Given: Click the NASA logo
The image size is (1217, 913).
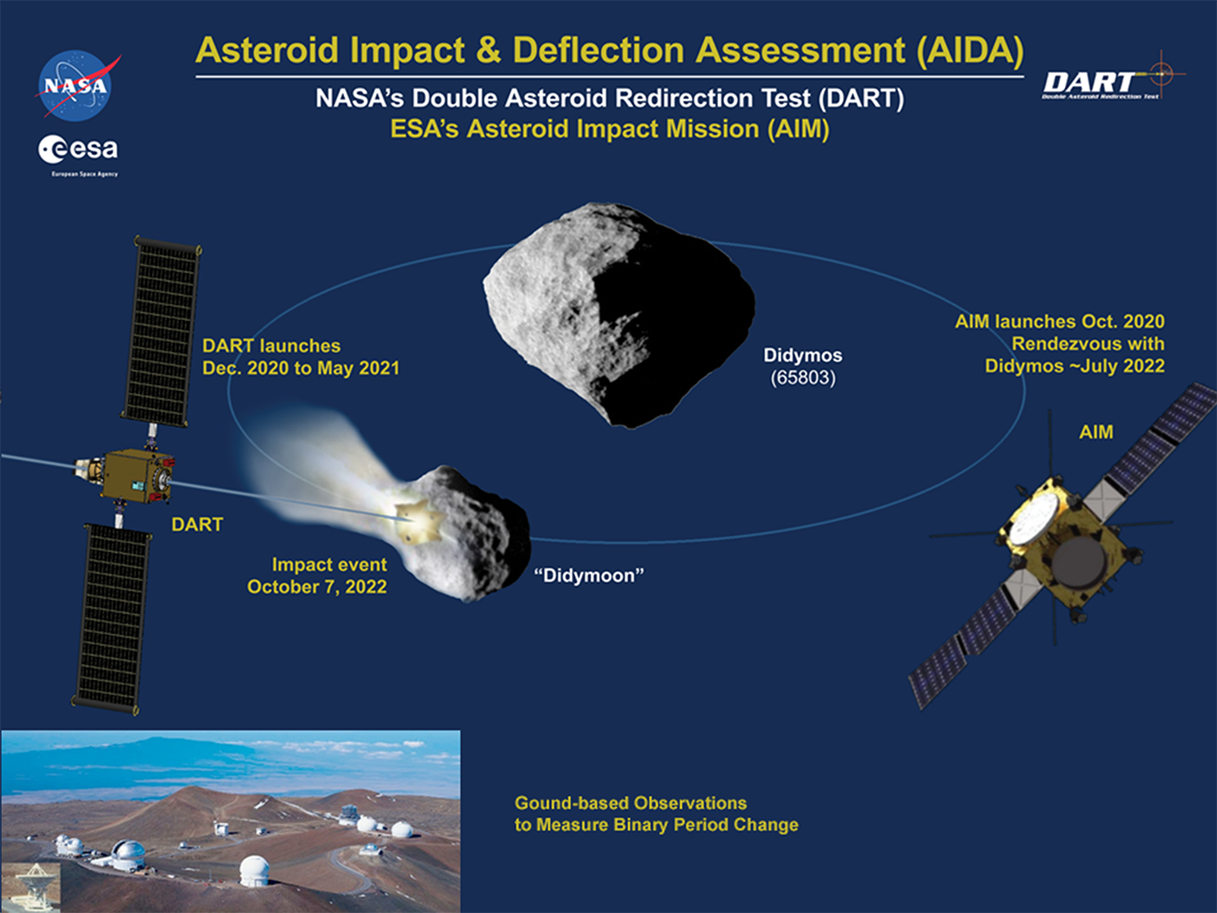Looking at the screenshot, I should (76, 85).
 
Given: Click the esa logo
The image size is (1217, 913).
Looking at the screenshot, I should (78, 150).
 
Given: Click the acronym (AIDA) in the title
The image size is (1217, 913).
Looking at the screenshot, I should (970, 50).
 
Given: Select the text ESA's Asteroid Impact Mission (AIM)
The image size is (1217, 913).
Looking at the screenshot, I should (609, 129).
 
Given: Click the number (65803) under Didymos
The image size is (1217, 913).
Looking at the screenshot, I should (802, 378).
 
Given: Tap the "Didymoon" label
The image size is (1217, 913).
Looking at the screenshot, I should (589, 576).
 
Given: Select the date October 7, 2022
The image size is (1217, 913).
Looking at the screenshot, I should (316, 587).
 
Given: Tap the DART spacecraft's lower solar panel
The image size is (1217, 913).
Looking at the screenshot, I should (113, 617).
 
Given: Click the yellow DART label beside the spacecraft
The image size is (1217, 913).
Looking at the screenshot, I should (197, 524).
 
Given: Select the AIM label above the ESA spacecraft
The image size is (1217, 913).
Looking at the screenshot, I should (1095, 432).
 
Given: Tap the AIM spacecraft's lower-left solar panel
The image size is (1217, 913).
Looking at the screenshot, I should (965, 643).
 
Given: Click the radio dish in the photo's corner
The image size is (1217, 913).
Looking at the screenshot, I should (31, 887).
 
